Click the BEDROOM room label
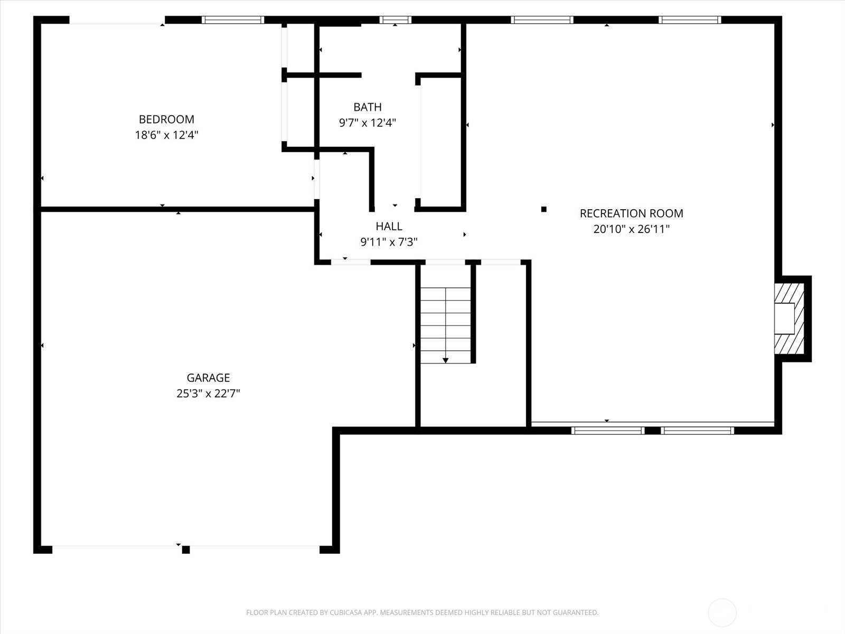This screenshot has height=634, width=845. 166,119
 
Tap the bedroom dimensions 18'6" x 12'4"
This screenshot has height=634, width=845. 166,135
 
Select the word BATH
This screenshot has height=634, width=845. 368,107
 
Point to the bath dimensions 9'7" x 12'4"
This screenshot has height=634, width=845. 368,123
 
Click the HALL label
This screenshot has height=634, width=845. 389,226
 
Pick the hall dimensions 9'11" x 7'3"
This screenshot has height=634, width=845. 389,242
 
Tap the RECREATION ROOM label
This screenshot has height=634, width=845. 631,213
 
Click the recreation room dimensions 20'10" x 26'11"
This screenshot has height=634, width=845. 631,229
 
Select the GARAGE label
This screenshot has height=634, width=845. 208,378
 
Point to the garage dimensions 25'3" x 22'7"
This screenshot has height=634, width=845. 208,394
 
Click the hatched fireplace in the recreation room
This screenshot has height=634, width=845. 789,319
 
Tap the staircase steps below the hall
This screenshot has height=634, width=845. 445,325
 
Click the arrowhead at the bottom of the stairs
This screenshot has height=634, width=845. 445,361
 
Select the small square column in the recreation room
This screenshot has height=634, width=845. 544,209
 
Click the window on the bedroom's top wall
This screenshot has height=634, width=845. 233,20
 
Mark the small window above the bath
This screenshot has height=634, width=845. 396,20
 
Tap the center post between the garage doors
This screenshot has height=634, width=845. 186,549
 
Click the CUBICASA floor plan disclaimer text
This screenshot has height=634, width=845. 422,612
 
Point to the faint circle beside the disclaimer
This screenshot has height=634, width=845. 722,612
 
